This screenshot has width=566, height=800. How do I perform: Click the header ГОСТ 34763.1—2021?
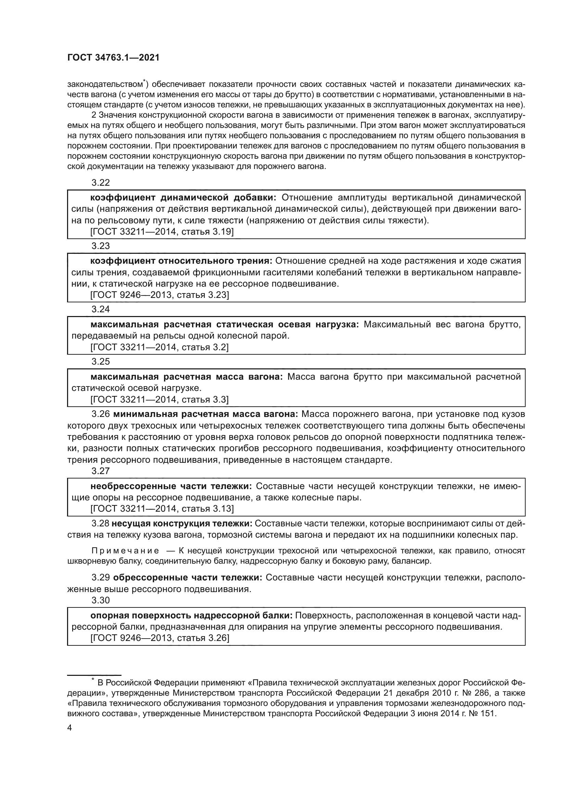click(113, 58)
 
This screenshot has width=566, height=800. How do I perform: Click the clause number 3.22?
click(100, 183)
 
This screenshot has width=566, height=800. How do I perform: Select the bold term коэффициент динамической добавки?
click(183, 198)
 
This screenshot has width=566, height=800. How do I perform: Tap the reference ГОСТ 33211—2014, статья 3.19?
click(162, 232)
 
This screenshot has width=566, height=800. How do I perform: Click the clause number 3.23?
click(100, 246)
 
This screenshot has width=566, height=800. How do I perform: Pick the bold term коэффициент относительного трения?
click(181, 261)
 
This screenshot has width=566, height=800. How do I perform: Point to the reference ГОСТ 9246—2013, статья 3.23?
click(159, 295)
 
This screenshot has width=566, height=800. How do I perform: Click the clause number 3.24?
click(100, 310)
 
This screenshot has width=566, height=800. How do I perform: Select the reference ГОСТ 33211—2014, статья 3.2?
click(159, 347)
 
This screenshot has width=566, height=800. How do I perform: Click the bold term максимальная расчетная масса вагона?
click(186, 377)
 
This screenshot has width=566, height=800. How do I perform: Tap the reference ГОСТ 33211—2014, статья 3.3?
click(159, 399)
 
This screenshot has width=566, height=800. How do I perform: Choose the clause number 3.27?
click(100, 471)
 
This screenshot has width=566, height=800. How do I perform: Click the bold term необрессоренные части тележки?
click(171, 486)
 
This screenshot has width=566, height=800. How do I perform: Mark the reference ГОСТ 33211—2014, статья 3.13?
click(162, 509)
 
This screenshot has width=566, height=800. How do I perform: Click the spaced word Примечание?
click(125, 551)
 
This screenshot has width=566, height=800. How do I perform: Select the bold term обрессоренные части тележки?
click(188, 578)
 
